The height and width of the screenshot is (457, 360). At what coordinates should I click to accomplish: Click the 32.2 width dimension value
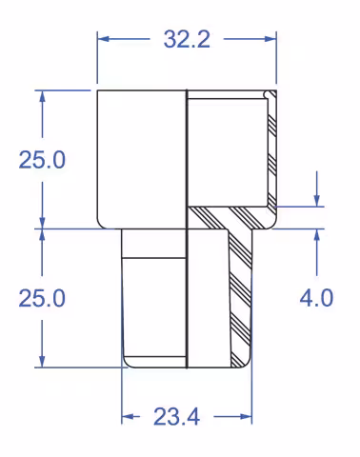click(x=187, y=39)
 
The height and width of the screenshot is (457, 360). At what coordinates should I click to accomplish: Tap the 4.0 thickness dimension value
click(x=316, y=298)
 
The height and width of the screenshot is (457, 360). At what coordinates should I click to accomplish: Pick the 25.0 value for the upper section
click(x=42, y=160)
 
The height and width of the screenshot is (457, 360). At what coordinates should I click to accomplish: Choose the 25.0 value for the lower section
click(x=42, y=298)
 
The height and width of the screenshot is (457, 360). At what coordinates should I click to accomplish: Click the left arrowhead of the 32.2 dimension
click(x=104, y=39)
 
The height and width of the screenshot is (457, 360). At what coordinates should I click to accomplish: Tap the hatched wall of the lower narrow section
click(x=239, y=295)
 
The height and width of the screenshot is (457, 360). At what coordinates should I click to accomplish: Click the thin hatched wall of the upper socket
click(x=271, y=152)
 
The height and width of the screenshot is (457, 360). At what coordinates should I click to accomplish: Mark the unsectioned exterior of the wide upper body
click(x=141, y=157)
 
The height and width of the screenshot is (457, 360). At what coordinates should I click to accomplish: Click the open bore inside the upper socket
click(x=227, y=152)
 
